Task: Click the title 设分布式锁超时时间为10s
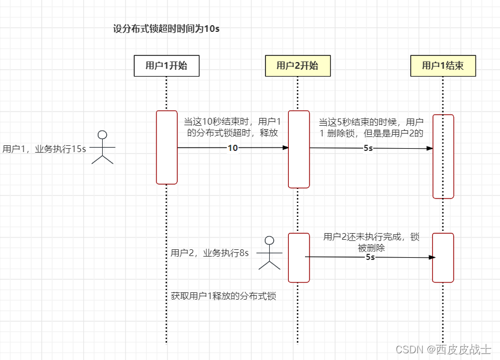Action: (x=166, y=29)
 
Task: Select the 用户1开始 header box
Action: (x=166, y=65)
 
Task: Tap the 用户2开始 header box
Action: (x=297, y=65)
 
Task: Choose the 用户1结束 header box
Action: (x=442, y=65)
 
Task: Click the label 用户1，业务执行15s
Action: (x=45, y=149)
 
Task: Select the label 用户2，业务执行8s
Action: (x=209, y=253)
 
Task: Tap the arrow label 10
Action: (x=233, y=148)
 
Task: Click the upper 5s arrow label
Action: (x=368, y=148)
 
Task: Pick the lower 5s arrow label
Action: (x=370, y=257)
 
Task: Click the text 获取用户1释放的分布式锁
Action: (x=223, y=296)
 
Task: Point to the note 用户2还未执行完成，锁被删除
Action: (x=371, y=242)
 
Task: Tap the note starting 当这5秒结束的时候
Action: (x=371, y=127)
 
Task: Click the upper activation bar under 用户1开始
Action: (x=166, y=147)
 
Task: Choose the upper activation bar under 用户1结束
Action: (x=443, y=156)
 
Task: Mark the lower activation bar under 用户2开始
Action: (x=298, y=258)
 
